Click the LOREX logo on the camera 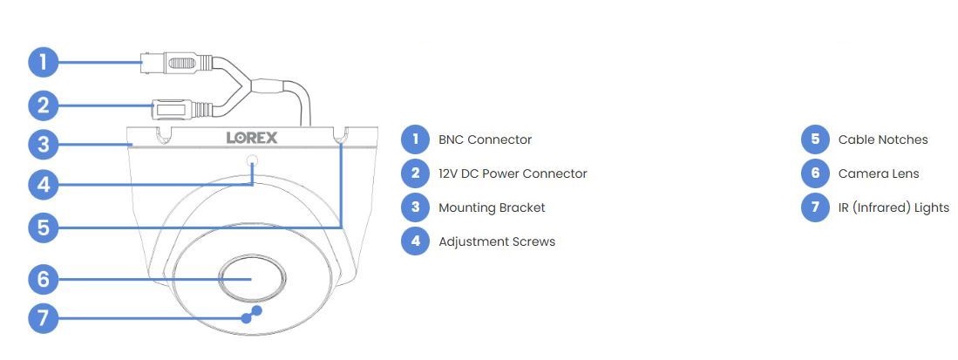(x=252, y=138)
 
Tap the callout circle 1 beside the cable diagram (x=44, y=62)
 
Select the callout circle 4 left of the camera (x=44, y=184)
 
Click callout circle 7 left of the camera (x=44, y=318)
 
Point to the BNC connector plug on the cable (x=177, y=63)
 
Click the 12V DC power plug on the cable (x=182, y=110)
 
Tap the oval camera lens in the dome (x=252, y=278)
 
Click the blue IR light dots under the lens (x=251, y=314)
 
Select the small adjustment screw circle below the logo (x=252, y=161)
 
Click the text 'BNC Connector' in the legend (x=486, y=140)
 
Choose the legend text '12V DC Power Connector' (x=513, y=173)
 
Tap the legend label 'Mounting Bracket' (x=492, y=207)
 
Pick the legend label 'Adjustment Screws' (x=497, y=241)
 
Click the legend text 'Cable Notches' (x=883, y=140)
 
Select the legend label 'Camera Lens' (x=879, y=173)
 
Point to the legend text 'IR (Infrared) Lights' (x=893, y=207)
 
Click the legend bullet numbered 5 (x=815, y=139)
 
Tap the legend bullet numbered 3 (x=416, y=207)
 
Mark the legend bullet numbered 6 (x=815, y=173)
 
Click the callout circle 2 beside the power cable (x=44, y=105)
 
